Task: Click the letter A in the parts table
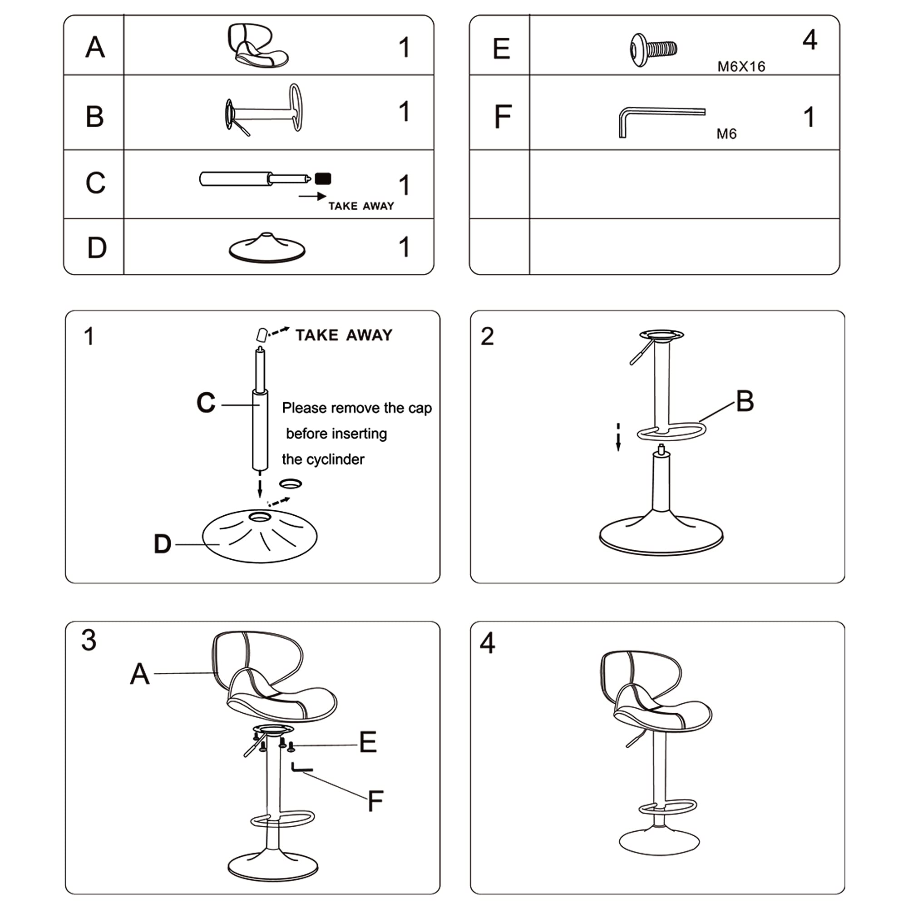95,47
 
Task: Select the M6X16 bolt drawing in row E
653,49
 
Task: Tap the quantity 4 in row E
809,39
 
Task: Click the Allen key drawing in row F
658,120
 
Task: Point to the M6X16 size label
741,67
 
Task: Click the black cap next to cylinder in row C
323,178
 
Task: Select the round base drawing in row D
267,248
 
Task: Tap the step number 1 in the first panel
89,336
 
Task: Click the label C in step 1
206,403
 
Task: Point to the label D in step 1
163,544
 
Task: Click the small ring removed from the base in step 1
290,483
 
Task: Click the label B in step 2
745,401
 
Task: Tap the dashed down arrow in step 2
618,437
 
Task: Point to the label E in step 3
368,742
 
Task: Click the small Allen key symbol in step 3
301,769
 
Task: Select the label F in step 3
375,801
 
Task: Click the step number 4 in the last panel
487,643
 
